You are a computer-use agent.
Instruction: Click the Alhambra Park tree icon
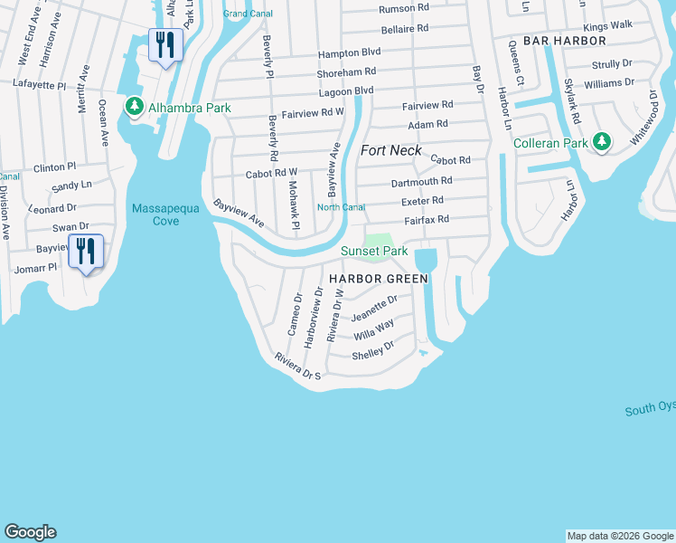click(x=135, y=108)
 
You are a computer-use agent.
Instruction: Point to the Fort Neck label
click(x=391, y=150)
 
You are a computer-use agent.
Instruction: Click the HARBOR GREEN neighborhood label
click(x=378, y=279)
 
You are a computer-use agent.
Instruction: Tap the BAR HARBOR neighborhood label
click(x=558, y=42)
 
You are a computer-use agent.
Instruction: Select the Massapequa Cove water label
click(x=168, y=214)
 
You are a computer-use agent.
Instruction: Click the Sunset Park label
click(x=374, y=251)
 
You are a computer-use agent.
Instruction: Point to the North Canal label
click(x=341, y=207)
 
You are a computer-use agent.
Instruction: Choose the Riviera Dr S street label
click(x=298, y=369)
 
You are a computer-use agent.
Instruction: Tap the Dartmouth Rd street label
click(x=421, y=182)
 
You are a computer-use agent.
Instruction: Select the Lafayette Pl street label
click(x=40, y=83)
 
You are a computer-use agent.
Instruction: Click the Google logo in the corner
click(x=30, y=532)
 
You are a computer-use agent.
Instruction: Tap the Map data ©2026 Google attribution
click(x=620, y=536)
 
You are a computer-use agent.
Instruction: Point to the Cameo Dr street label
click(x=294, y=311)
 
